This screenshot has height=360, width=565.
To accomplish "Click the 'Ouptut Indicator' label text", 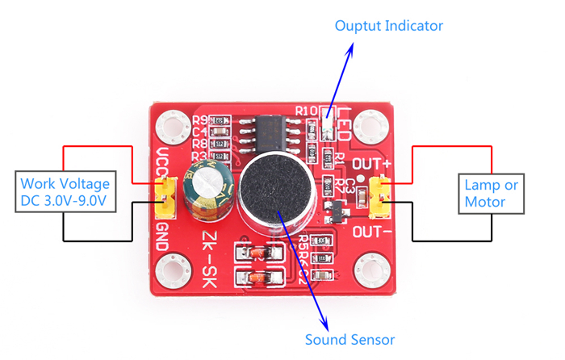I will (x=389, y=26).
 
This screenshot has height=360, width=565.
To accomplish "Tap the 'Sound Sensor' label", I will (x=349, y=339).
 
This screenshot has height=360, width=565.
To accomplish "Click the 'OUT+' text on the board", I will (x=373, y=167).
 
